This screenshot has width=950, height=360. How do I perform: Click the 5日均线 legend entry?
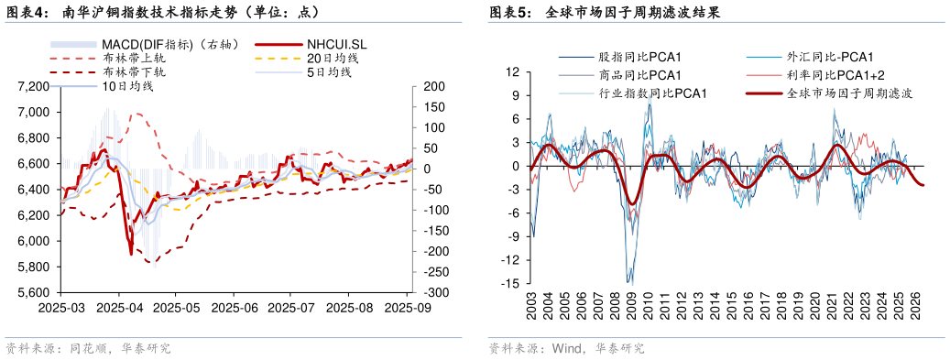(x=329, y=71)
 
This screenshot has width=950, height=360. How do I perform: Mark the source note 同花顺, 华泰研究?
(x=88, y=349)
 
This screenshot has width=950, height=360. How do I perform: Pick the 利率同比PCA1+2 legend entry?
(x=835, y=75)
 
